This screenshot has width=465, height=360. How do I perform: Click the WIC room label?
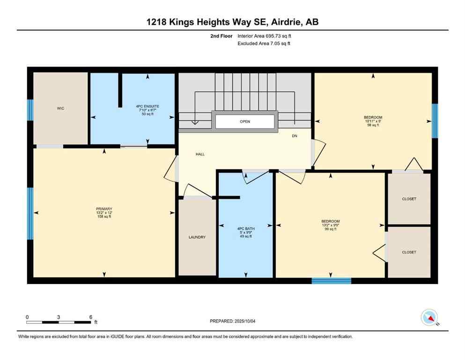(60, 108)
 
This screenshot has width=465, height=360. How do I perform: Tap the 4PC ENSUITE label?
(148, 106)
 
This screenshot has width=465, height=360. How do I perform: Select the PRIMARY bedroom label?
(104, 209)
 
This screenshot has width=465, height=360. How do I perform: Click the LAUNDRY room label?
(197, 237)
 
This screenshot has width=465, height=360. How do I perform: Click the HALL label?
(200, 154)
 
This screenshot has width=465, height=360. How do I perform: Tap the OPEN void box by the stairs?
(245, 121)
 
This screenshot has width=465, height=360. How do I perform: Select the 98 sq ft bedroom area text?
(373, 126)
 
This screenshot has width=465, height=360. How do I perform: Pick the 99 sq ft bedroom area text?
(330, 230)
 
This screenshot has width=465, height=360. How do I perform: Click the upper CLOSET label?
(409, 199)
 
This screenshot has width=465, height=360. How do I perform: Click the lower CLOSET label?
(409, 252)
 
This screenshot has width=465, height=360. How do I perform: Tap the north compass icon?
(429, 318)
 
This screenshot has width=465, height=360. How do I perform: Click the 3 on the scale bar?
(59, 317)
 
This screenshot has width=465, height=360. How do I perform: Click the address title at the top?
(232, 22)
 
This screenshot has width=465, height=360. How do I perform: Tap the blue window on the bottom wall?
(332, 281)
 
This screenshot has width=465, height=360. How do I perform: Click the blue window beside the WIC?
(30, 110)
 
